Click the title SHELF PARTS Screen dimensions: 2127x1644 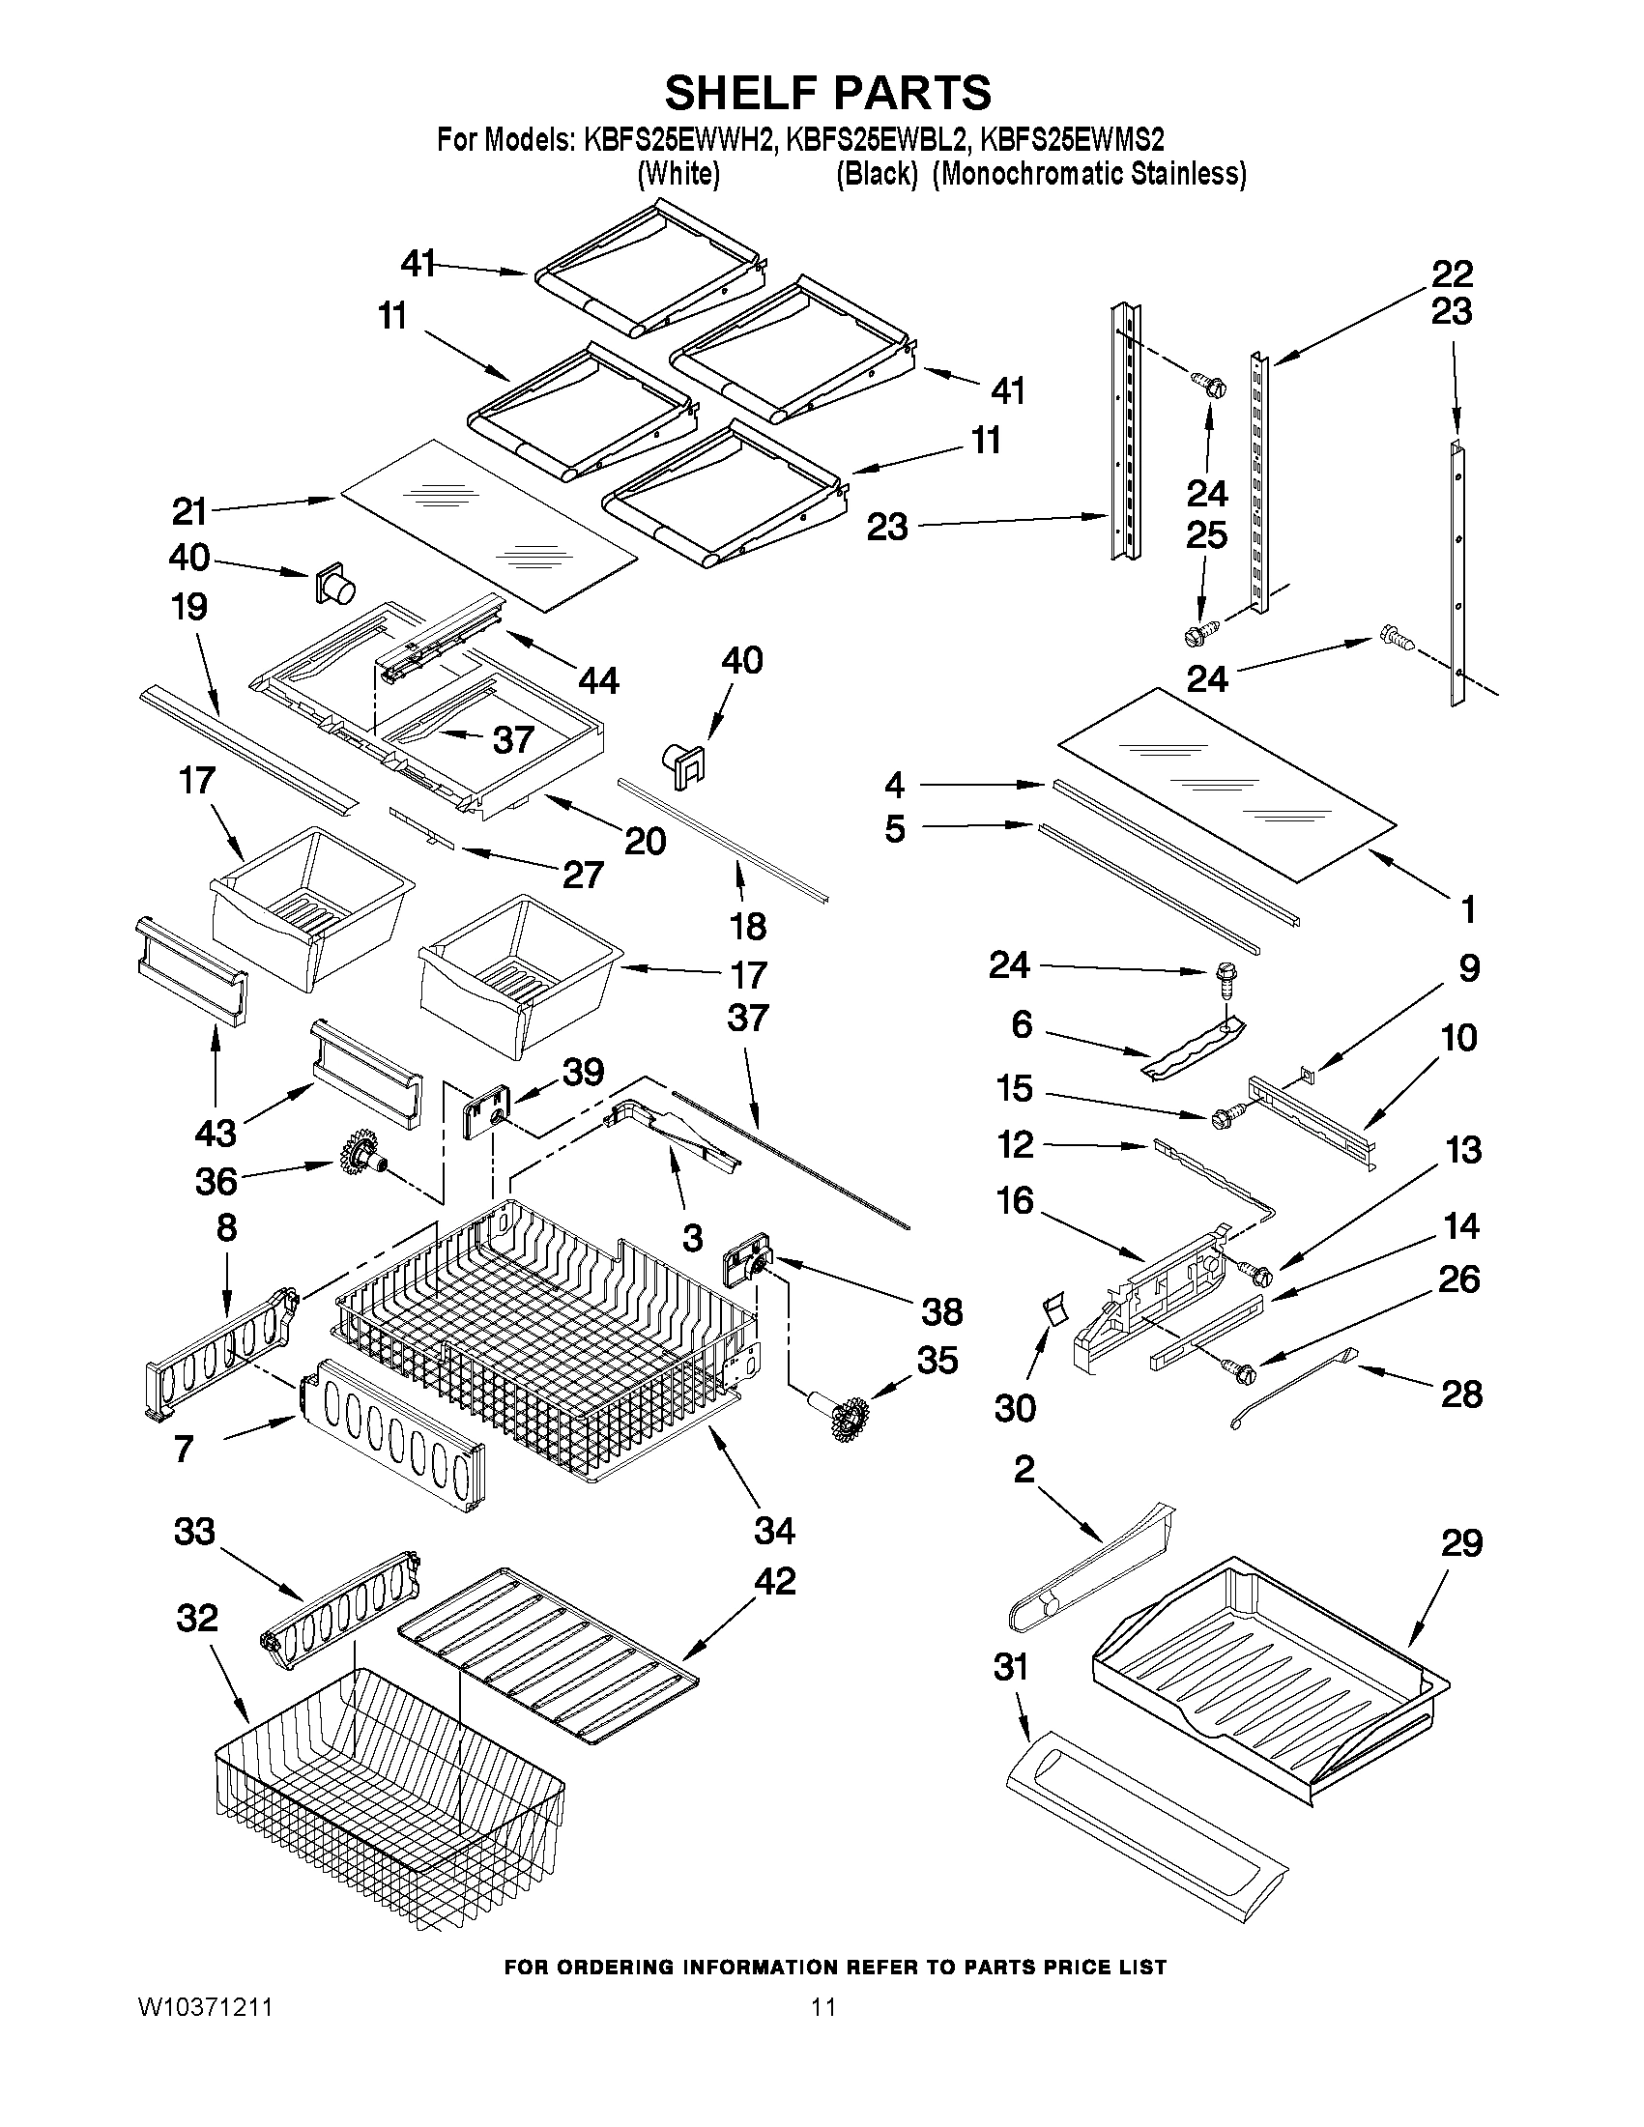[x=828, y=94]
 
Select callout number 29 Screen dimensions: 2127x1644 [x=1461, y=1543]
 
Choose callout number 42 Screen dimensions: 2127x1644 [x=775, y=1608]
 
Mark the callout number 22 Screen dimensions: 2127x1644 [x=1451, y=273]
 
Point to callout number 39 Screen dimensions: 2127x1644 [x=584, y=1073]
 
